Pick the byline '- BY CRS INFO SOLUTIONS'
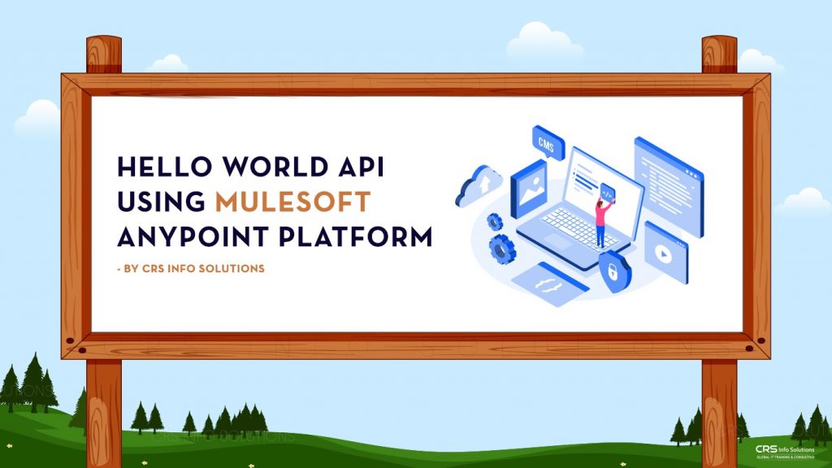pyautogui.click(x=191, y=269)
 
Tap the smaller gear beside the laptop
pyautogui.click(x=494, y=220)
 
